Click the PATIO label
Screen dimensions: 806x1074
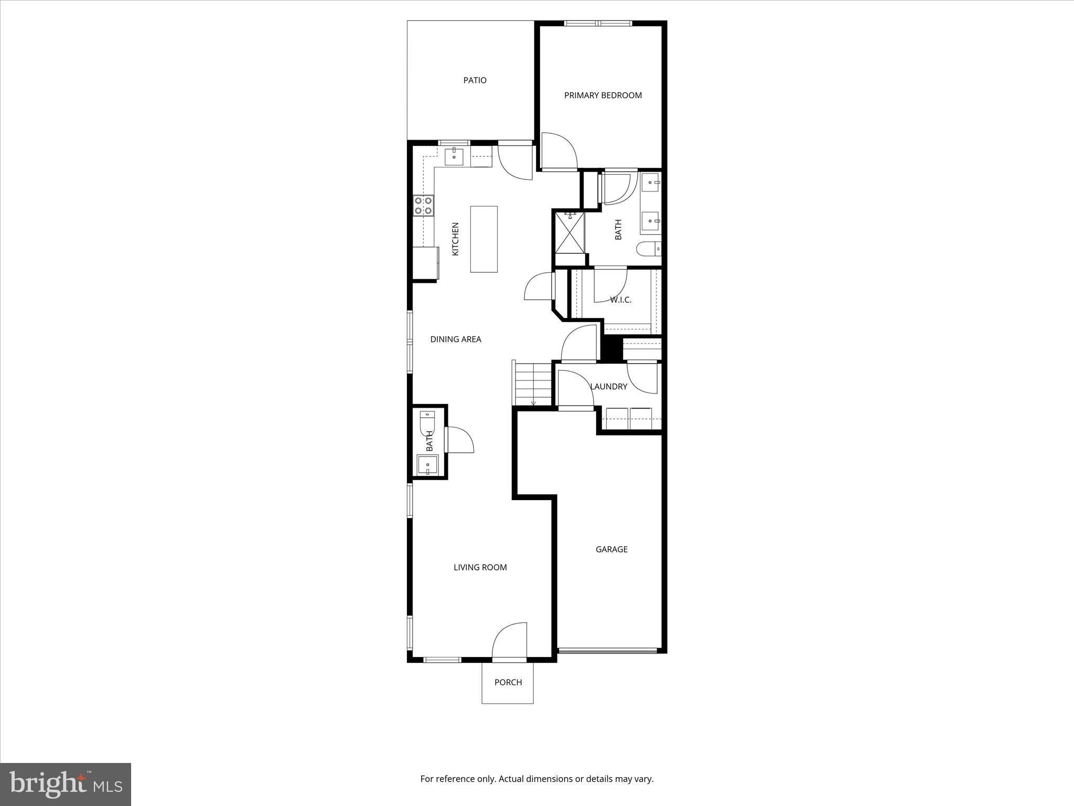coord(475,80)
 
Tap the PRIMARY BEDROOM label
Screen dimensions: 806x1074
coord(603,96)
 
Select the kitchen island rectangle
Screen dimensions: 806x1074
coord(484,239)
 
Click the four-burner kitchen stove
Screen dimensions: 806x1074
coord(423,205)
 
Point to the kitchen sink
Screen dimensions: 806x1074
coord(454,156)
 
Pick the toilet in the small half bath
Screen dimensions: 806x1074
coord(427,423)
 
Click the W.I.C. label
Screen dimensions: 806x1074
coord(620,300)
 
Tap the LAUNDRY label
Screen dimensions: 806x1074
coord(608,387)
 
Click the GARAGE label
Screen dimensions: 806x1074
coord(611,549)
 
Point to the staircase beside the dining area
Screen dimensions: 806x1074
coord(533,383)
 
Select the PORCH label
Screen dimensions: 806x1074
coord(508,682)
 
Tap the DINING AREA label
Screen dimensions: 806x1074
coord(456,340)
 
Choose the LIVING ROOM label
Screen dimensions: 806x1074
coord(480,567)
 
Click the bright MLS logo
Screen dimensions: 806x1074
coord(66,784)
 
